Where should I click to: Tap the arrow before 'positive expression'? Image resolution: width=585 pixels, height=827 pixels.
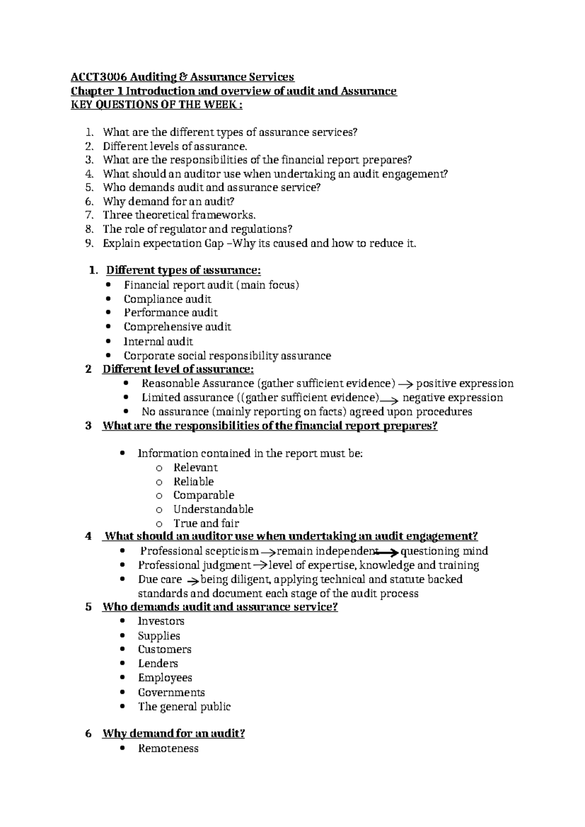406,384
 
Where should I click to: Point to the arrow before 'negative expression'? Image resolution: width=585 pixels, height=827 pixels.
390,399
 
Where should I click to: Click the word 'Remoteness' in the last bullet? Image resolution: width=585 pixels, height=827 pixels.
168,748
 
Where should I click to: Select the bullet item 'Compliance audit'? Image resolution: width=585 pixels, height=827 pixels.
167,299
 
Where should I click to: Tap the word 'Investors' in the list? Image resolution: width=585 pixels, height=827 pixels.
161,621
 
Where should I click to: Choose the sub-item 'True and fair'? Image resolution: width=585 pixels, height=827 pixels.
206,523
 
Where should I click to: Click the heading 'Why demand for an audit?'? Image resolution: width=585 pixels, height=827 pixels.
174,733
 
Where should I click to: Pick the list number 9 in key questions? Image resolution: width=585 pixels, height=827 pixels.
88,243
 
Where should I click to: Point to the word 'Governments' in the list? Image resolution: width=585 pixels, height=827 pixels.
171,692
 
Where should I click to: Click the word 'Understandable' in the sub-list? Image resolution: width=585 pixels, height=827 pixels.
213,509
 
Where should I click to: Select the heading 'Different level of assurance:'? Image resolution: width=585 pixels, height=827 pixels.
178,369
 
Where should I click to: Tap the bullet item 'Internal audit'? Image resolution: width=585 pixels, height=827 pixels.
158,341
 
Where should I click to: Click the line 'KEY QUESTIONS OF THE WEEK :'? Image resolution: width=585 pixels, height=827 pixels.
156,105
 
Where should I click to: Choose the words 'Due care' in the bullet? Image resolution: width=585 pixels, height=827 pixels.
160,579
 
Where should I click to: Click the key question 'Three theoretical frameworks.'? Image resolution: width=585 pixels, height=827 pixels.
179,215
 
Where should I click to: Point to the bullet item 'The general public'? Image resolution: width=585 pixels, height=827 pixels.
184,707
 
